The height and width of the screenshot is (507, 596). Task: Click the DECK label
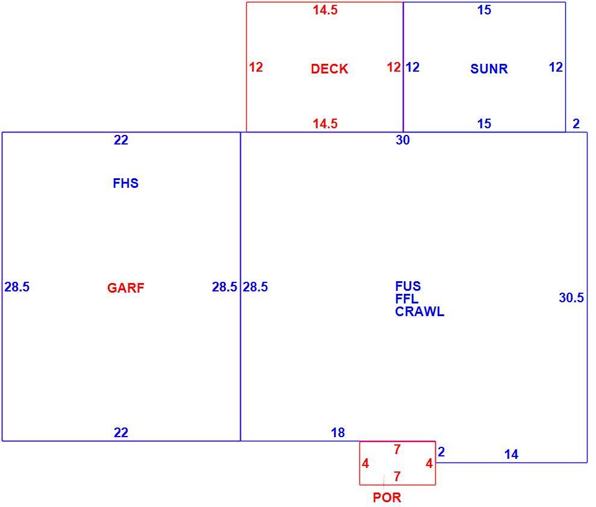coord(329,69)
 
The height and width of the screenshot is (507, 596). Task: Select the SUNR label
coord(489,69)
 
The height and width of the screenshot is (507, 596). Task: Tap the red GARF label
coord(125,288)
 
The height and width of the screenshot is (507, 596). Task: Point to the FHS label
coord(125,183)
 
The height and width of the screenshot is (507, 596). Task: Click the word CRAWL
coord(420,312)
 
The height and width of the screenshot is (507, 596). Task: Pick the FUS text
coord(408,286)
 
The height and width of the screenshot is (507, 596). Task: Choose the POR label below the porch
coord(387,497)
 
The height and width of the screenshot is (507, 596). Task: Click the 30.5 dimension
coord(571,297)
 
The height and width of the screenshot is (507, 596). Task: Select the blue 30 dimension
coord(403,140)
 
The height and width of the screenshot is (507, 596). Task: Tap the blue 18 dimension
coord(338,432)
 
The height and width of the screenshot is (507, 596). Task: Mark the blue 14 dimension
coord(511,454)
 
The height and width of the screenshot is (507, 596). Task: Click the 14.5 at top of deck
coord(325,10)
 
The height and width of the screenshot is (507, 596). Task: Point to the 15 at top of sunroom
coord(484,10)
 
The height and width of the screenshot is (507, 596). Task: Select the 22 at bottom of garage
coord(121,432)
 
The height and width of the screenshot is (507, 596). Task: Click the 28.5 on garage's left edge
coord(17,287)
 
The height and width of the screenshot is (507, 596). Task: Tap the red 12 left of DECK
coord(256,67)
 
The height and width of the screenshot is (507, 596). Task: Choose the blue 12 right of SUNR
coord(556,67)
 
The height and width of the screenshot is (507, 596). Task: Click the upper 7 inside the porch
coord(397,449)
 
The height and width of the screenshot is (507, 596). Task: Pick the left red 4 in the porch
coord(365,463)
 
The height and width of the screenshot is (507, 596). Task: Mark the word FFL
coord(407,299)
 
